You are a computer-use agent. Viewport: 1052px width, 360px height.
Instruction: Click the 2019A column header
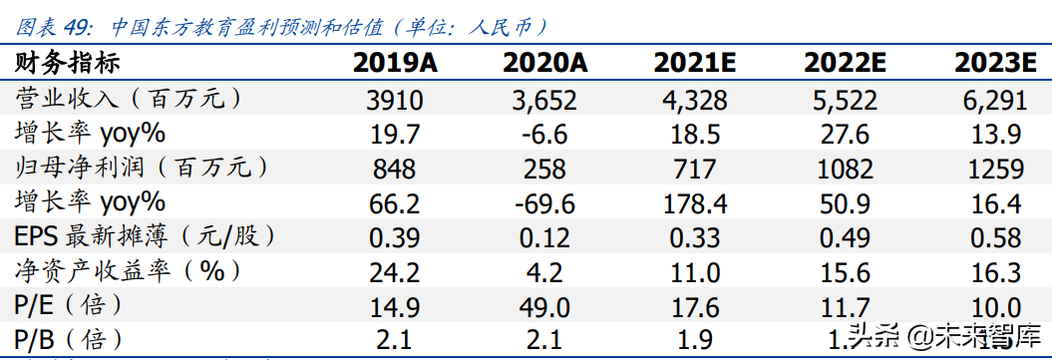coord(395,65)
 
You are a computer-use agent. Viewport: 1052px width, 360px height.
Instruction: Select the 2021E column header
coord(694,65)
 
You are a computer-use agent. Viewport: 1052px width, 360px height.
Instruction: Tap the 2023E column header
coord(993,65)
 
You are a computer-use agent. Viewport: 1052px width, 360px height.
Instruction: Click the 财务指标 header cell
coord(67,65)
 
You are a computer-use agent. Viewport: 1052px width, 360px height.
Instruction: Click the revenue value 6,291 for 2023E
coord(993,100)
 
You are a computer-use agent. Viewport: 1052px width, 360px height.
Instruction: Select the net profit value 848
coord(395,169)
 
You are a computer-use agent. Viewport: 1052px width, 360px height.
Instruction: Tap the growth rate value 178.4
coord(694,203)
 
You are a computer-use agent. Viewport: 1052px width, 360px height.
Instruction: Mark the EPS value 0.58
coord(993,237)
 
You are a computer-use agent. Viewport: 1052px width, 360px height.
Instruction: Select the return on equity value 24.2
coord(395,271)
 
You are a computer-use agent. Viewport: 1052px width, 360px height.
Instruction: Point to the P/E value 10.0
coord(993,305)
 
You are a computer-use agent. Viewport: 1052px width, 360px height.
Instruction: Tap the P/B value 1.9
coord(694,339)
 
